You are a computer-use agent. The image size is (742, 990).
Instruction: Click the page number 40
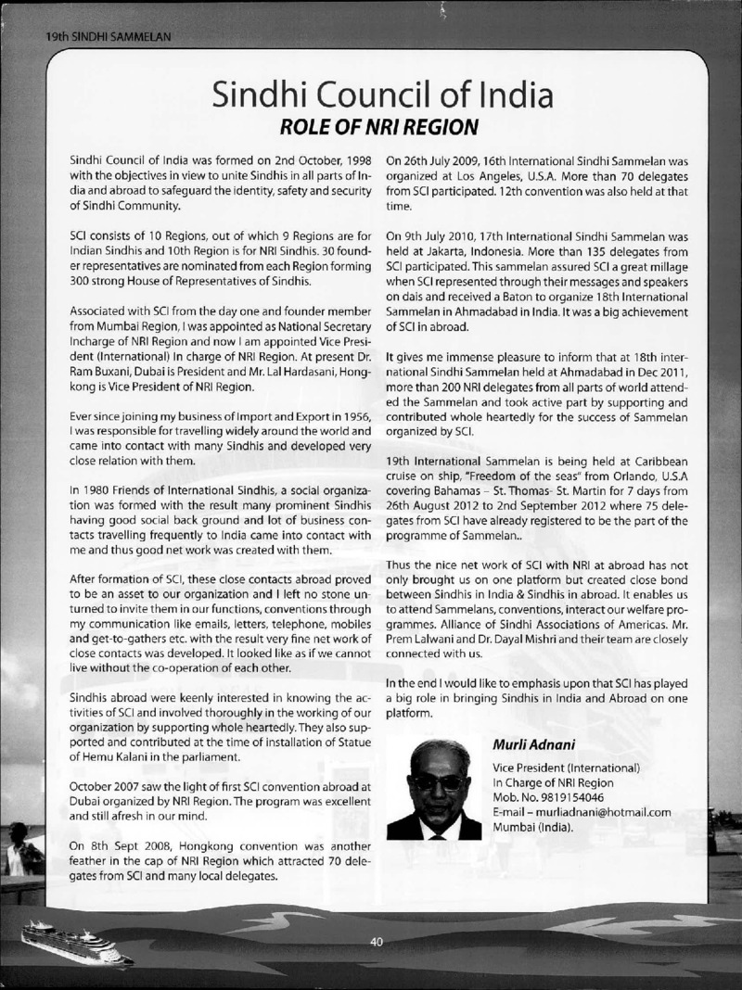377,942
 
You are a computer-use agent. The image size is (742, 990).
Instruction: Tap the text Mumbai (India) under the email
532,827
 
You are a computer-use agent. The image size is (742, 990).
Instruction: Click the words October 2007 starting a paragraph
105,787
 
